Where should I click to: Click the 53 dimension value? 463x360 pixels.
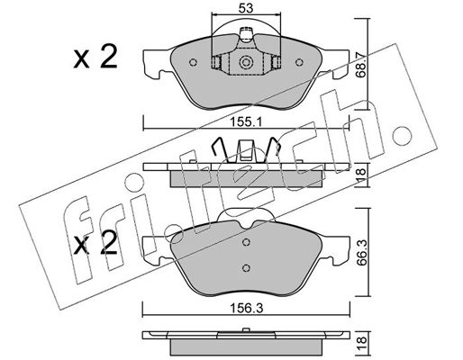point(246,8)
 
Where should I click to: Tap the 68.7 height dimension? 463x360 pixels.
point(361,64)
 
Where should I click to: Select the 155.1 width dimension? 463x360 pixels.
point(246,122)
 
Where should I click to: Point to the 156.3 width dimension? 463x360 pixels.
point(246,308)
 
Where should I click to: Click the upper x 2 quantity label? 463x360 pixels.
point(95,58)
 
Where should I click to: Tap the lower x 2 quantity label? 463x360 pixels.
point(95,244)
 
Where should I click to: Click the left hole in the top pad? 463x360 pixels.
point(194,62)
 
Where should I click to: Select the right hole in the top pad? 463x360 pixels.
point(299,62)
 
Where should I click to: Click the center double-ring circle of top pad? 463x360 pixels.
point(246,62)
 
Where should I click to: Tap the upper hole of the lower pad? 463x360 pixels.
point(246,242)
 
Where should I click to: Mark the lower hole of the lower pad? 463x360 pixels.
point(246,268)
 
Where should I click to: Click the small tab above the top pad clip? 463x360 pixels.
point(246,33)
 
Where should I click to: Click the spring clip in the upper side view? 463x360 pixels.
point(246,150)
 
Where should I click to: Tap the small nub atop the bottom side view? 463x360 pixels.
point(246,329)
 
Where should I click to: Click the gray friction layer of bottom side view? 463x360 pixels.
point(246,346)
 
